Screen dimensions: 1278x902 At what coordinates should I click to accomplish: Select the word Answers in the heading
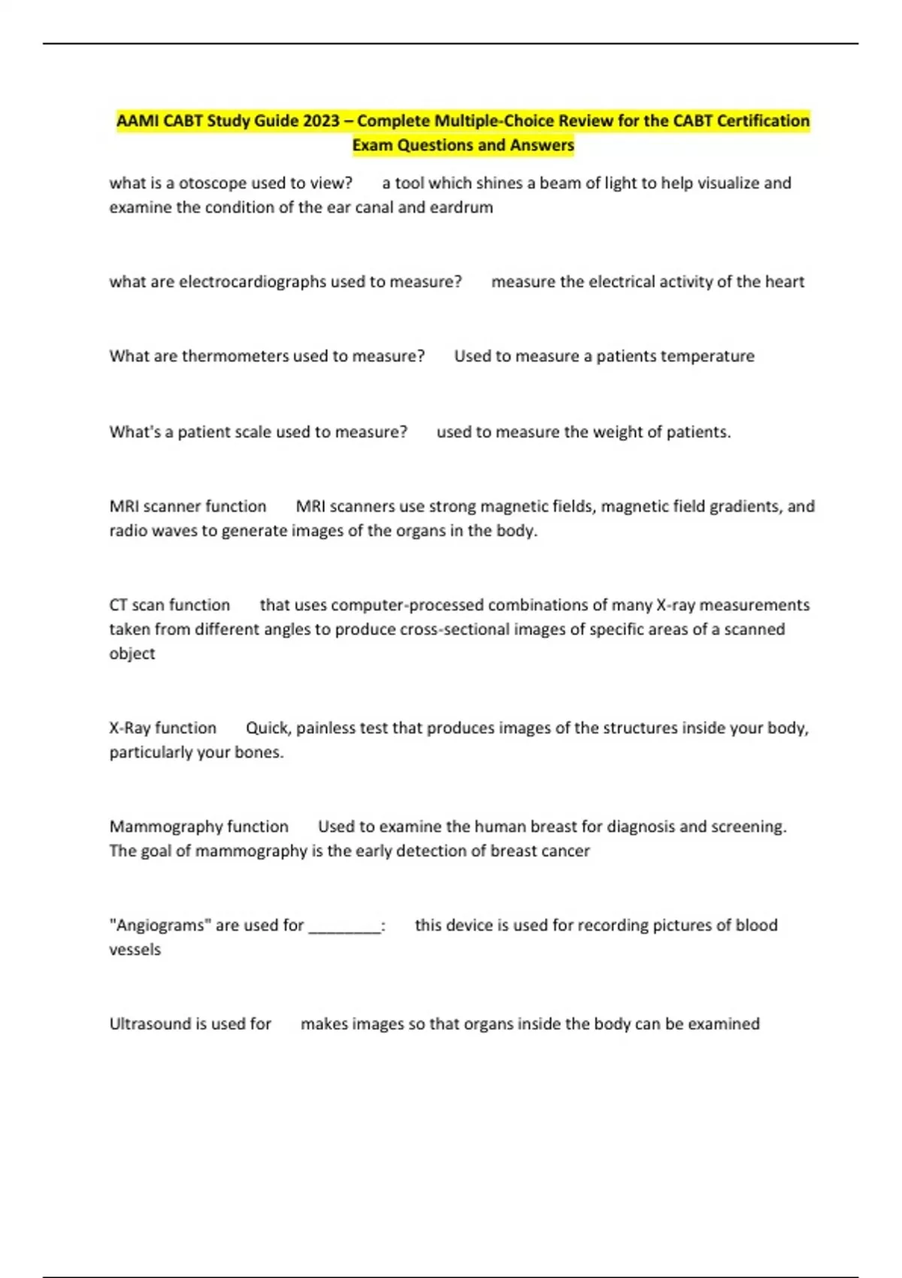[x=539, y=145]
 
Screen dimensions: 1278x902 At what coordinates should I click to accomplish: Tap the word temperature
[x=711, y=356]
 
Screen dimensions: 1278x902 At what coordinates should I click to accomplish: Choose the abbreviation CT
[x=118, y=605]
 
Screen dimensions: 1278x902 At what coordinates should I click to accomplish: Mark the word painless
[x=325, y=728]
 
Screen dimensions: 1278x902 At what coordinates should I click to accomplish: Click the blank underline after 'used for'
[x=344, y=927]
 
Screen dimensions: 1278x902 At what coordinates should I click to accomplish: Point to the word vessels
[x=135, y=949]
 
